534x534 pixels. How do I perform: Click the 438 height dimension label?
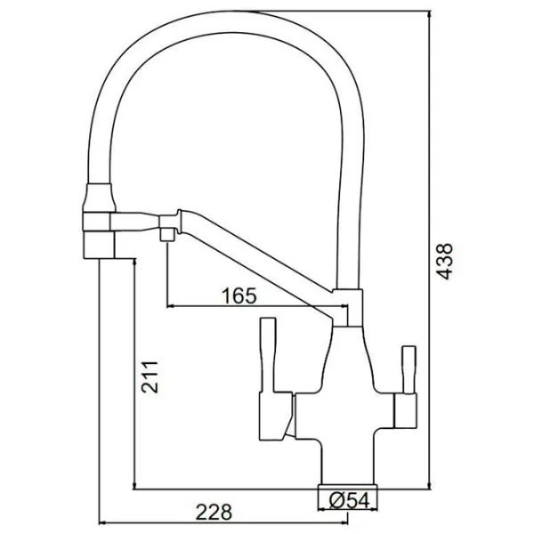click(445, 262)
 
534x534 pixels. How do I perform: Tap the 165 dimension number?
click(239, 296)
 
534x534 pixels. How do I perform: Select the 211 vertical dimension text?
click(150, 377)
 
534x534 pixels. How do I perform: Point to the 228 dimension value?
click(214, 512)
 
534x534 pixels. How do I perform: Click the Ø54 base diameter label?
click(350, 501)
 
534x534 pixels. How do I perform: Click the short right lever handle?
click(409, 369)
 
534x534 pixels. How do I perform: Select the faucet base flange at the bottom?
click(348, 486)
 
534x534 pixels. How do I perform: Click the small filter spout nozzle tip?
click(167, 235)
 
